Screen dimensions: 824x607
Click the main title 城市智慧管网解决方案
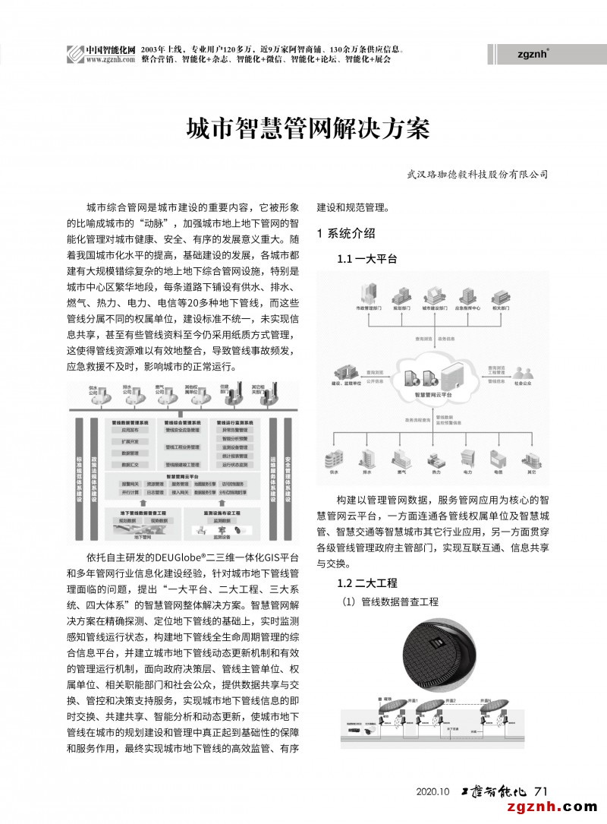[308, 130]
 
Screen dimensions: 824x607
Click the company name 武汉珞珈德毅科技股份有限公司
[477, 174]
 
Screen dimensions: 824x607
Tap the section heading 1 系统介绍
[346, 233]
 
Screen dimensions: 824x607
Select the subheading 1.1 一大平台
[367, 259]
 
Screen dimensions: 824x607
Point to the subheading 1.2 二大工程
[367, 582]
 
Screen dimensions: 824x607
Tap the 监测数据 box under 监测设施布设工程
[222, 521]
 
